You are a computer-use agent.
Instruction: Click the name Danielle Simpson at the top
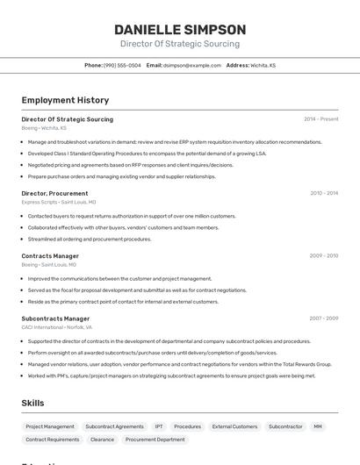click(180, 29)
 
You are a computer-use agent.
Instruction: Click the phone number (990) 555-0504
click(122, 65)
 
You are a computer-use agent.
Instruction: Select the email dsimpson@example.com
click(192, 65)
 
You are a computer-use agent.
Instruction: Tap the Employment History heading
click(65, 100)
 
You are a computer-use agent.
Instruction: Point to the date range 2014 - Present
click(320, 119)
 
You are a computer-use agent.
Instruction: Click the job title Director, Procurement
click(54, 193)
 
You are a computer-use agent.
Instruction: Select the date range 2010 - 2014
click(324, 193)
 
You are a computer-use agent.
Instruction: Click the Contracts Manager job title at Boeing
click(50, 256)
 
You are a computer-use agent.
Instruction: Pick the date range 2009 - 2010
click(324, 256)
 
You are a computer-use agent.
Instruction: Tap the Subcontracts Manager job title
click(55, 318)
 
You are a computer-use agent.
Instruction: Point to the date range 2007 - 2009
click(324, 318)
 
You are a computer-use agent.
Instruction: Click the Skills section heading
click(33, 403)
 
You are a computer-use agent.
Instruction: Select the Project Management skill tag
click(50, 426)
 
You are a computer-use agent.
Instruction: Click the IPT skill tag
click(159, 426)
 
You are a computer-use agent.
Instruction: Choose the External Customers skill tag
click(234, 426)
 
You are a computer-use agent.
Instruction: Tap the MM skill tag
click(318, 426)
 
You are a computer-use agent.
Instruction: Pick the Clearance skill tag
click(102, 440)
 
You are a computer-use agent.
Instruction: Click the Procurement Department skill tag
click(155, 440)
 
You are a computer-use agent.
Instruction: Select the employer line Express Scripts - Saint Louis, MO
click(59, 202)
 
